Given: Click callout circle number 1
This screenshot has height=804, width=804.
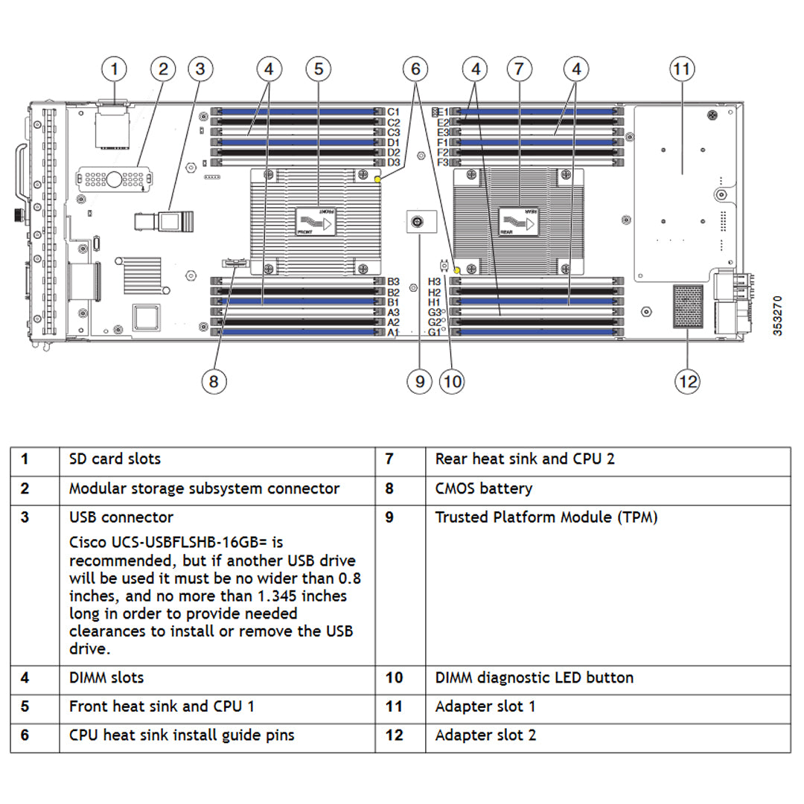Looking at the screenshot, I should click(114, 70).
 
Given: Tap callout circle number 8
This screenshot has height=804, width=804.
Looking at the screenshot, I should click(214, 381).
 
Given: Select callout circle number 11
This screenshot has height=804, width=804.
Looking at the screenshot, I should click(681, 70).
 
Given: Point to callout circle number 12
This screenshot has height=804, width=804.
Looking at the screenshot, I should click(687, 381).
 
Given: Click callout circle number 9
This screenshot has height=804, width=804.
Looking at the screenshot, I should click(419, 381).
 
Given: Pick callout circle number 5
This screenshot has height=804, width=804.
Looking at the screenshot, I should click(319, 70).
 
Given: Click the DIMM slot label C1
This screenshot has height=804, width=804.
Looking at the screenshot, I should click(394, 112).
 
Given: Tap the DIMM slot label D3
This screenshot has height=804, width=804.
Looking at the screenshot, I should click(394, 162).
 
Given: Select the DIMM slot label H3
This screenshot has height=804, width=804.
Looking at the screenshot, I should click(435, 282).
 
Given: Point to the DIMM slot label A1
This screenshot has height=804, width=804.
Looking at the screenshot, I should click(394, 333).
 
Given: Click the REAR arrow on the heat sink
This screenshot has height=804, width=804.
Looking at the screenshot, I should click(519, 222).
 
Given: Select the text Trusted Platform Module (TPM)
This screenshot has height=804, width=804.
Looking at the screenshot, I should click(546, 517).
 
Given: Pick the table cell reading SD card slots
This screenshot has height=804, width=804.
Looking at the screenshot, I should click(115, 459).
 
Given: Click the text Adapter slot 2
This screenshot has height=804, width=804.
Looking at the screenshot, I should click(485, 736).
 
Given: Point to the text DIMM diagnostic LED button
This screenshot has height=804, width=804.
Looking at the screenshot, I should click(535, 678).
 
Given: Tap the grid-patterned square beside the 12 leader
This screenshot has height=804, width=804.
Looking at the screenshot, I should click(687, 306).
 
